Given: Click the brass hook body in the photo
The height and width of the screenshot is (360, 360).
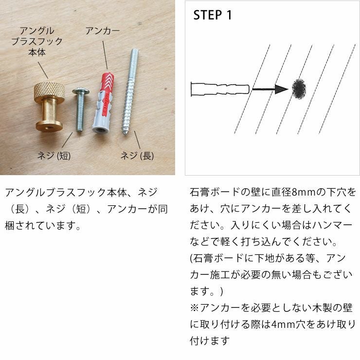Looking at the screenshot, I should coord(49,109).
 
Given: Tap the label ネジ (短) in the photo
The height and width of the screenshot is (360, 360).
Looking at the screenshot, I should coord(54,156).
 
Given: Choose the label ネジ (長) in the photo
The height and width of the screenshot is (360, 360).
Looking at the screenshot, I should coord(137,156).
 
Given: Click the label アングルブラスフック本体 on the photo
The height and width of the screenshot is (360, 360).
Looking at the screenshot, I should coord(37,41).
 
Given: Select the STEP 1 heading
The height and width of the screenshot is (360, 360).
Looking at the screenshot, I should coord(213,15).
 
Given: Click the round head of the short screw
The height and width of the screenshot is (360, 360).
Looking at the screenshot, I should coord(80,91).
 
